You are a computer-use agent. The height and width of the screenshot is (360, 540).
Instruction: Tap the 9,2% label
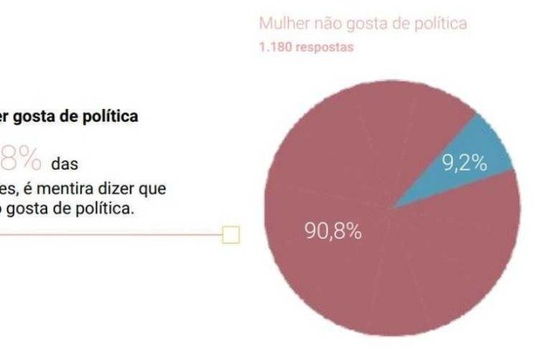click(465, 163)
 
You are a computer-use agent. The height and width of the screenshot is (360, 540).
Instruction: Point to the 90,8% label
click(333, 232)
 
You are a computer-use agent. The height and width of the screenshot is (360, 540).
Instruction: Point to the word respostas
click(323, 47)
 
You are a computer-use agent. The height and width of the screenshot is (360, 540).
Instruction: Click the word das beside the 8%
click(65, 166)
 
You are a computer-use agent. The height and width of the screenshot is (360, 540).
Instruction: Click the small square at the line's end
click(230, 234)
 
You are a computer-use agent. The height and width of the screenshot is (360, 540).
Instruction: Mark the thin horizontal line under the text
click(112, 234)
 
